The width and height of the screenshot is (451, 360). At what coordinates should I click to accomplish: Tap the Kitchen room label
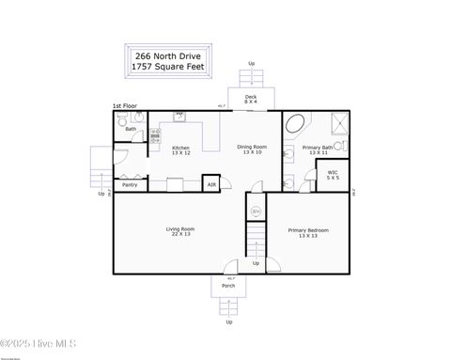tap(180, 150)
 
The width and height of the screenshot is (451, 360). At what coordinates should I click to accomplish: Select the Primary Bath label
tap(317, 149)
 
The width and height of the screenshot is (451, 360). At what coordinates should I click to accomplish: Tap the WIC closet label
tap(333, 175)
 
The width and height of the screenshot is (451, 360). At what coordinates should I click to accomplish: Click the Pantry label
tap(130, 185)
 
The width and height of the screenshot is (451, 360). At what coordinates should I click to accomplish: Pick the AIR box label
tap(211, 185)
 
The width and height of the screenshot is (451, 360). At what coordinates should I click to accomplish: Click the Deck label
tap(251, 99)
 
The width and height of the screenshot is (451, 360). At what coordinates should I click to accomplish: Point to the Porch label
tap(228, 285)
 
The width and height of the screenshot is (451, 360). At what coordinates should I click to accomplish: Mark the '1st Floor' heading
tap(124, 106)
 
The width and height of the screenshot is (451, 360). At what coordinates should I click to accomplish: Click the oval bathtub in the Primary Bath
tap(295, 124)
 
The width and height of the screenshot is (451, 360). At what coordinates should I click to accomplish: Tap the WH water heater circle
tap(255, 211)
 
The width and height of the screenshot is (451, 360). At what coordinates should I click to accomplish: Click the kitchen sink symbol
tap(179, 118)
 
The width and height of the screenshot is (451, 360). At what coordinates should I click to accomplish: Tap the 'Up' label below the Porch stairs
tap(228, 322)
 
